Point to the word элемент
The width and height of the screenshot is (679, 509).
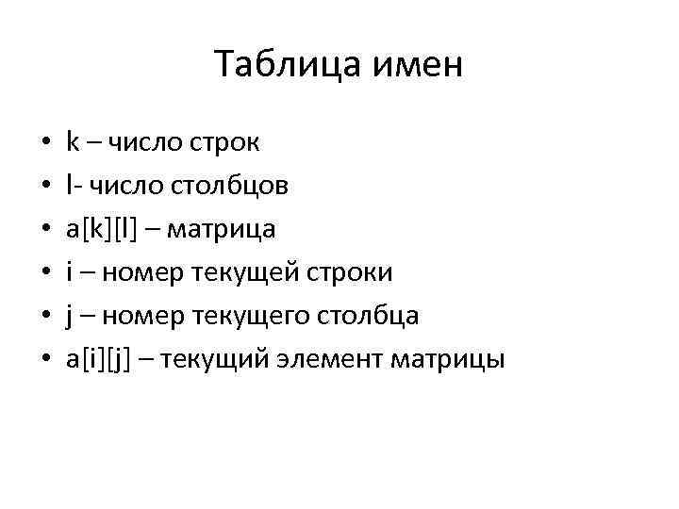(x=314, y=359)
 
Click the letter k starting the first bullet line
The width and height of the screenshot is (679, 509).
(x=73, y=142)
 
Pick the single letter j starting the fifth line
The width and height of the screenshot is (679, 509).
(x=70, y=316)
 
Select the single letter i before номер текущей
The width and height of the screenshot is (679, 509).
(x=70, y=272)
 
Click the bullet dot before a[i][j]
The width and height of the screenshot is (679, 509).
(x=45, y=360)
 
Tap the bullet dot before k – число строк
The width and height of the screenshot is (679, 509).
(x=45, y=143)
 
